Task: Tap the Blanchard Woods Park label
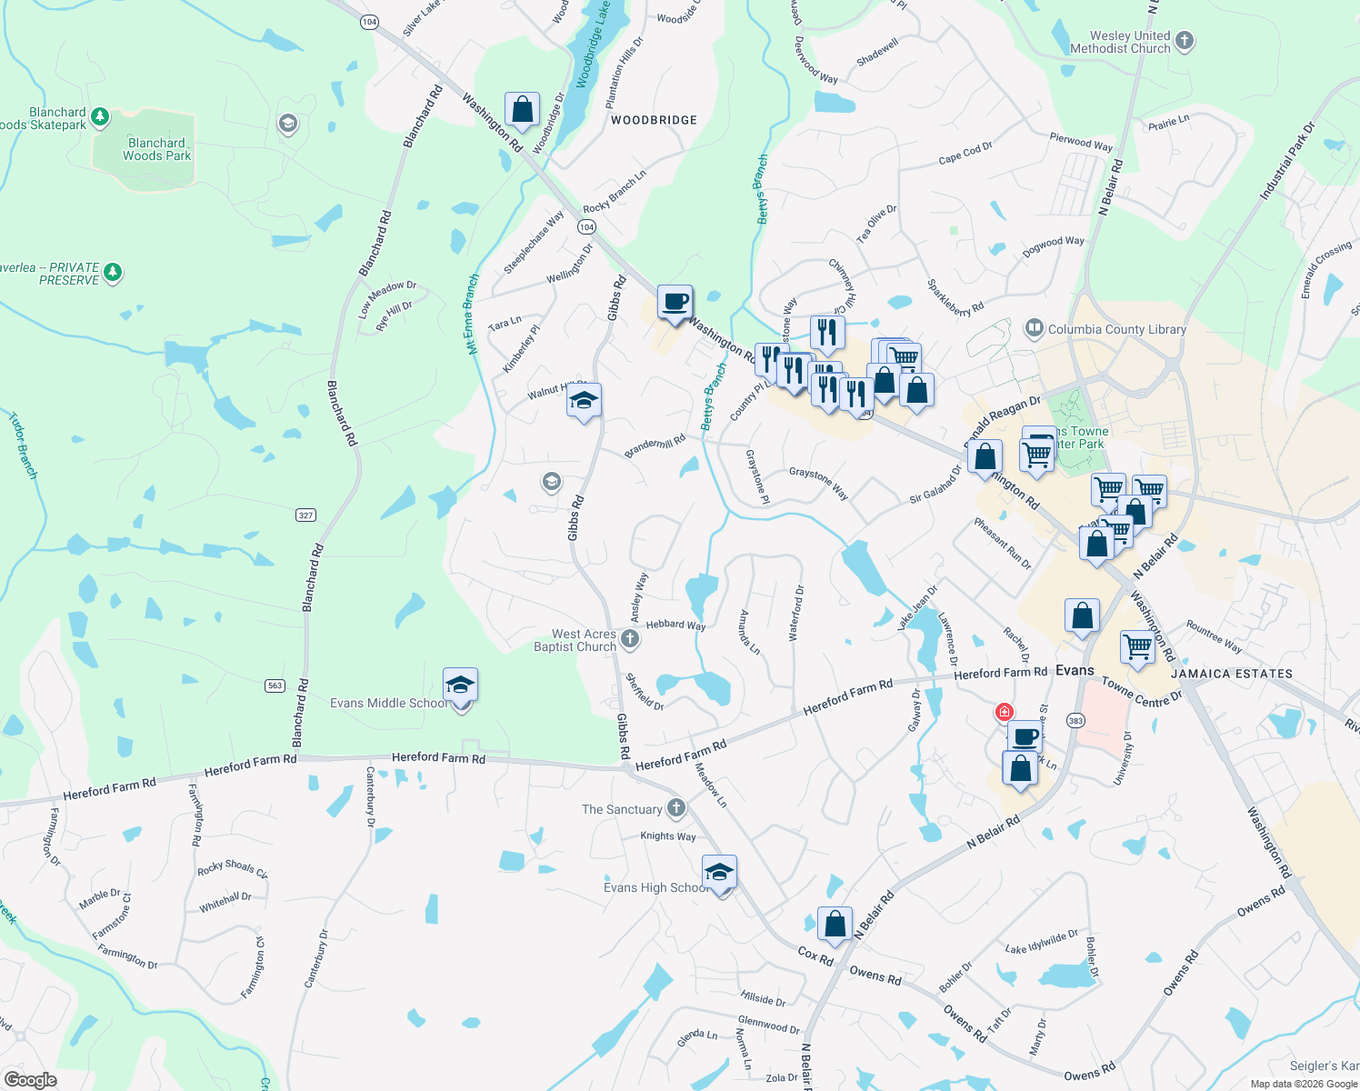tap(156, 149)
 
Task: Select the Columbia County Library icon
tap(1034, 328)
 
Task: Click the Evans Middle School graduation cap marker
tap(460, 686)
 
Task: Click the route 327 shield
tap(305, 515)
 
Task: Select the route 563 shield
tap(275, 686)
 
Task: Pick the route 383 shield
tap(1075, 721)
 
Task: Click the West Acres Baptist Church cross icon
tap(629, 639)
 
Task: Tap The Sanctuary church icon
tap(675, 808)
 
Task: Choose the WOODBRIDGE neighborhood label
tap(654, 120)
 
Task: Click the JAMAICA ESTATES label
tap(1231, 674)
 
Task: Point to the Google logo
tap(30, 1079)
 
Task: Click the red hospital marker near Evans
tap(1005, 712)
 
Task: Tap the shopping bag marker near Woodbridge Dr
tap(523, 110)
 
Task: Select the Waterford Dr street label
tap(796, 614)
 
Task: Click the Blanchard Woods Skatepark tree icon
tap(100, 116)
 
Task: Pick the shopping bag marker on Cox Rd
tap(835, 925)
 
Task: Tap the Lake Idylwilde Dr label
tap(1042, 942)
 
